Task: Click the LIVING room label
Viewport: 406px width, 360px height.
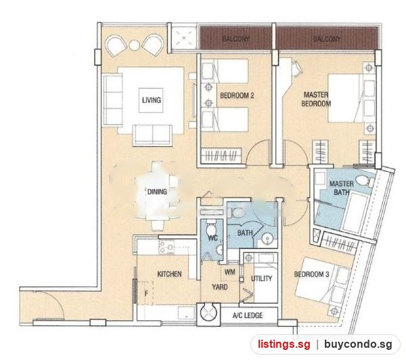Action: [x=152, y=100]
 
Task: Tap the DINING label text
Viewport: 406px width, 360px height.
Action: [x=157, y=192]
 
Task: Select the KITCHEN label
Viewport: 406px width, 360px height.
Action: [x=169, y=274]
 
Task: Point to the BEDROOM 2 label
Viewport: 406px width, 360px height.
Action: [x=237, y=95]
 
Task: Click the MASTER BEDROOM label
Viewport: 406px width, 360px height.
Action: [x=316, y=99]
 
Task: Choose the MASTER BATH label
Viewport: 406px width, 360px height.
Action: [x=342, y=188]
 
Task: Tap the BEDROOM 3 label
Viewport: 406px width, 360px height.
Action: [x=311, y=274]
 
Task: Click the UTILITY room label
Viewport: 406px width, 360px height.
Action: [x=261, y=278]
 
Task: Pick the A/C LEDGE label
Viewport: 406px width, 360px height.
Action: [x=248, y=315]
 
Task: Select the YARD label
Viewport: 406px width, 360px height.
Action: [x=220, y=287]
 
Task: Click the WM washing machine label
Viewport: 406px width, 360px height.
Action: [x=230, y=272]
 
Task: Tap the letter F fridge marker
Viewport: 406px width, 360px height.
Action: [x=146, y=294]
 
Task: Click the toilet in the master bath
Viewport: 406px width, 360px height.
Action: [x=364, y=180]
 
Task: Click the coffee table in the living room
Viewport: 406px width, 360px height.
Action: [x=151, y=101]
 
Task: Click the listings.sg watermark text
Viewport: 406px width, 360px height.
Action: [x=284, y=344]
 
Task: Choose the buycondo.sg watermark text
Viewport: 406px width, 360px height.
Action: [x=358, y=344]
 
